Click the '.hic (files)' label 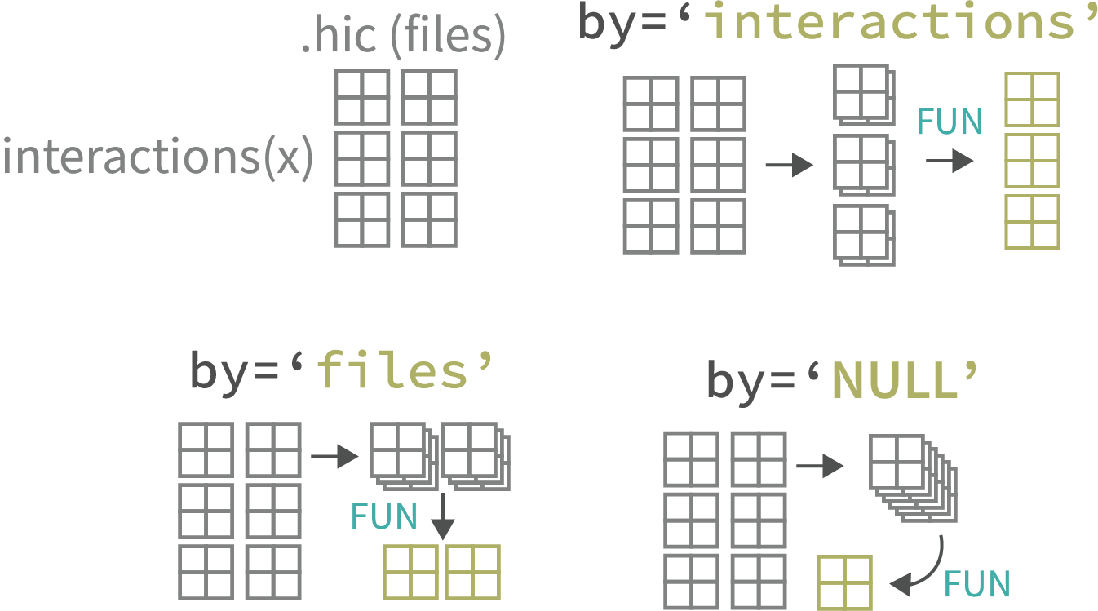(x=403, y=39)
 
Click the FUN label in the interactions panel (x=950, y=122)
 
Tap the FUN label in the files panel (x=383, y=516)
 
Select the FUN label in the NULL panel (x=976, y=584)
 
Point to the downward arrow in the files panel (x=441, y=516)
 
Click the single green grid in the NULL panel (x=846, y=582)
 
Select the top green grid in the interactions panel (x=1032, y=100)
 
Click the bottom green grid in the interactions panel (x=1032, y=222)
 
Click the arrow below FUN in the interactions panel (x=950, y=161)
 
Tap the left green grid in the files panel (x=411, y=572)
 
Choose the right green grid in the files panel (x=472, y=572)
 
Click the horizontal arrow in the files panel (x=335, y=456)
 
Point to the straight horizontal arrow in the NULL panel (x=820, y=466)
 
